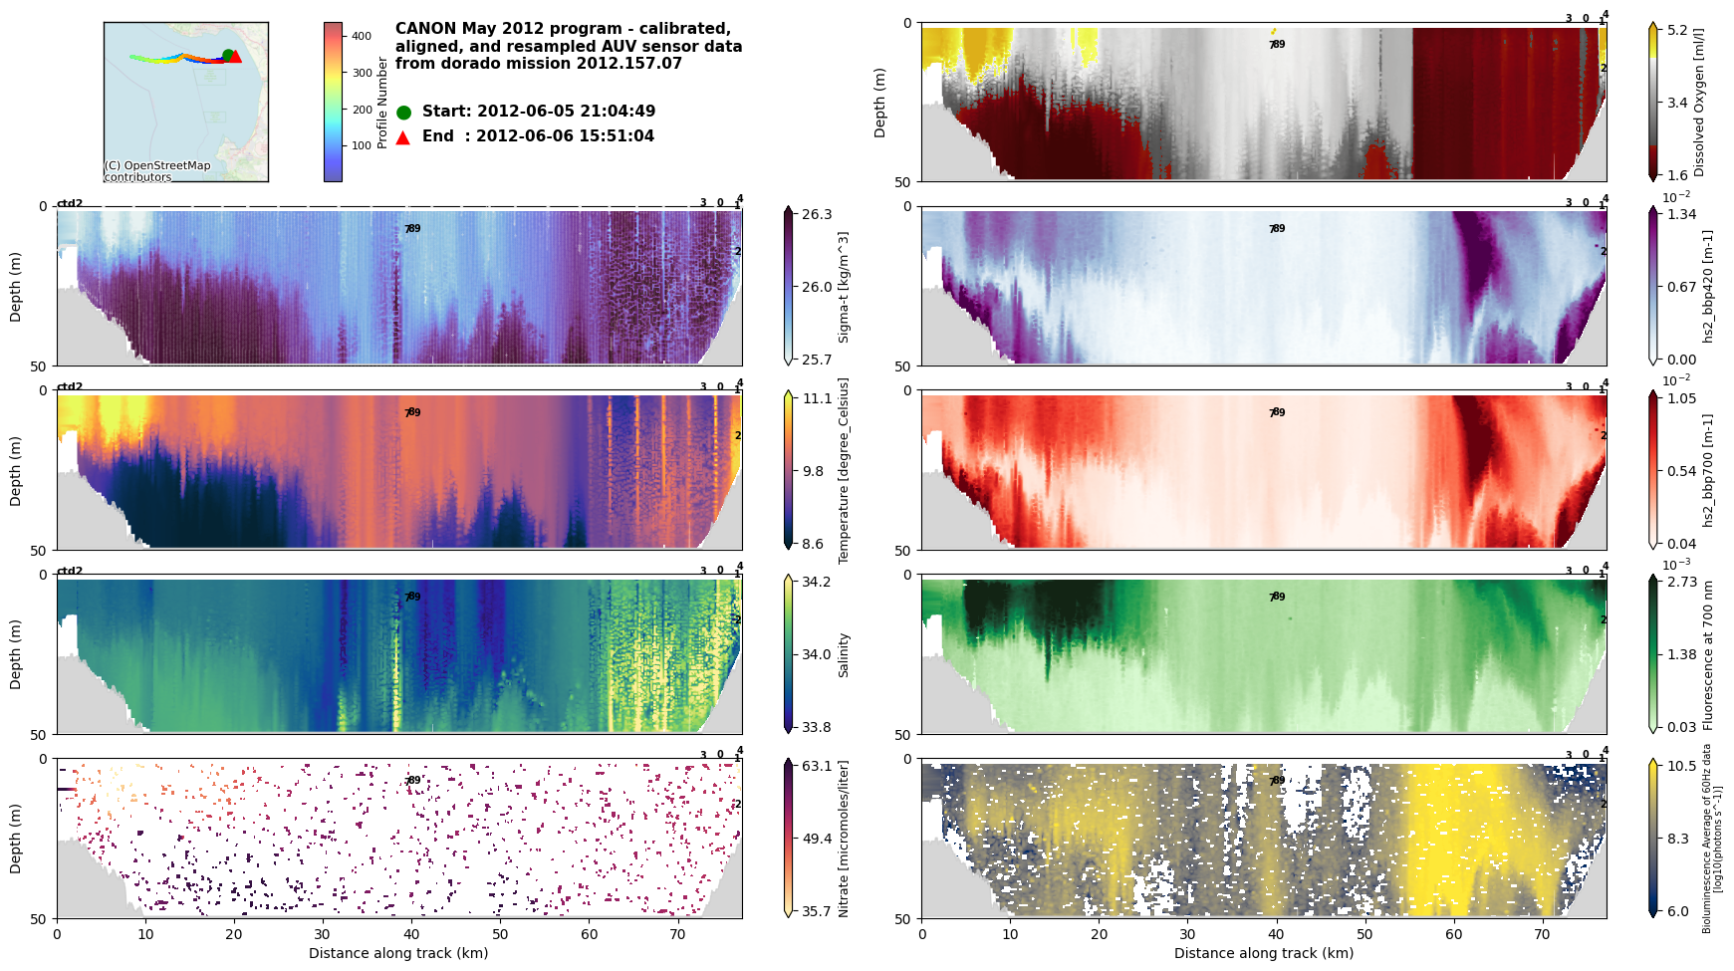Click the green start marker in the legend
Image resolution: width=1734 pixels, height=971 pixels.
click(403, 113)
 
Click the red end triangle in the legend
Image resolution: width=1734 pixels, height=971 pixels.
click(403, 137)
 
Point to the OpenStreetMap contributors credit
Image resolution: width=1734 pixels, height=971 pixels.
click(157, 171)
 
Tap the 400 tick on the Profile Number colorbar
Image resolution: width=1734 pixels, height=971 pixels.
click(362, 36)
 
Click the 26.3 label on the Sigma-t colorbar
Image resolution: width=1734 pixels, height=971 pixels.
click(817, 214)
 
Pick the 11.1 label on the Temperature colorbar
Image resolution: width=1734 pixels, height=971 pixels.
click(817, 398)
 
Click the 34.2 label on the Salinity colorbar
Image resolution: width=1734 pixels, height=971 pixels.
click(817, 582)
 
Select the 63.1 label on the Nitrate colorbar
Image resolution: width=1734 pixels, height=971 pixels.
click(817, 766)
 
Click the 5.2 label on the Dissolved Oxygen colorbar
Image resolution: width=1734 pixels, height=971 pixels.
click(1677, 30)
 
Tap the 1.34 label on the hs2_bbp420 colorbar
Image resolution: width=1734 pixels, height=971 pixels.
click(1681, 214)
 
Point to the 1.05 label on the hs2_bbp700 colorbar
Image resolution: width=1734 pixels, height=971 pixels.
click(1681, 398)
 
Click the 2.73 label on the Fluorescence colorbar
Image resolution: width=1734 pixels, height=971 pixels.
click(1681, 582)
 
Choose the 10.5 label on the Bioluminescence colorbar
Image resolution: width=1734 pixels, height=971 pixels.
click(1681, 766)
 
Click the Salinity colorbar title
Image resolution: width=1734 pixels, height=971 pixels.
click(844, 654)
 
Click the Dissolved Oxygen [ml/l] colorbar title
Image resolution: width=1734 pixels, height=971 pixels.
click(1699, 102)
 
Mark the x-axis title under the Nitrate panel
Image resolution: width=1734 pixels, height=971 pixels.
click(398, 953)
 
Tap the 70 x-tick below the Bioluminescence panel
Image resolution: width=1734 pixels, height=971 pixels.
click(1543, 934)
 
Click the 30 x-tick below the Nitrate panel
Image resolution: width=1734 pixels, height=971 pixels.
click(323, 934)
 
